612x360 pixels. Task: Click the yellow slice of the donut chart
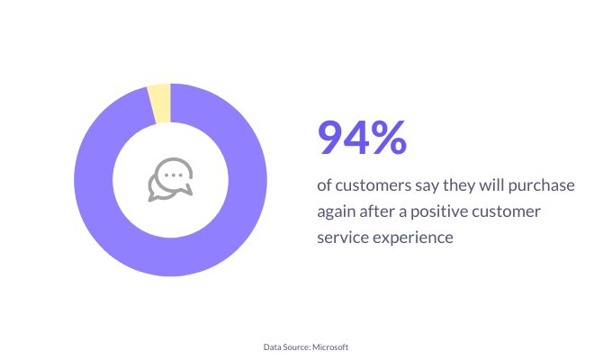pos(160,103)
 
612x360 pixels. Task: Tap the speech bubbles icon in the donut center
pos(171,180)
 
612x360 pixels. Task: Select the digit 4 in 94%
pos(356,138)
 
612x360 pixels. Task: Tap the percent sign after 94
pos(389,138)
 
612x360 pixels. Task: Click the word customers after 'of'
pos(373,186)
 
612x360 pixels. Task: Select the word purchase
pos(542,186)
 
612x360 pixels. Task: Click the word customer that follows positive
pos(506,212)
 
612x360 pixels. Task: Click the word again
pos(336,212)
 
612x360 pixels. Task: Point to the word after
pos(377,211)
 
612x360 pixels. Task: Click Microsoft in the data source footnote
pos(330,346)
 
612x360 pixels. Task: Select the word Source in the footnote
pos(298,347)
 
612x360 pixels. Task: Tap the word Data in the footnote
pos(272,347)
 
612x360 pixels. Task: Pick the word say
pos(427,187)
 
